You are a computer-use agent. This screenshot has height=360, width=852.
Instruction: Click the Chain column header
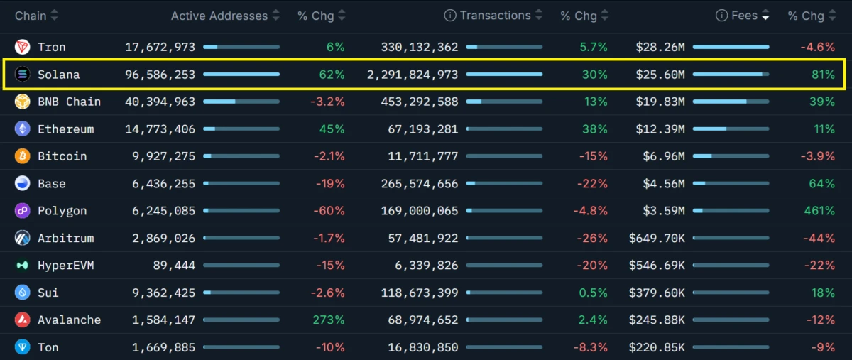[31, 16]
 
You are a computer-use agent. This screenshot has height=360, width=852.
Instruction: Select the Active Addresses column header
[219, 16]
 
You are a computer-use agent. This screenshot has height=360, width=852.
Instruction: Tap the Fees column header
[744, 16]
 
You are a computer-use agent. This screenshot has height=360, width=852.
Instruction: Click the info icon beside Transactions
[449, 16]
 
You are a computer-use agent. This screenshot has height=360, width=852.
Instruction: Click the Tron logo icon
[23, 47]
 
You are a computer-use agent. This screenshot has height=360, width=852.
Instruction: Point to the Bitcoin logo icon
[23, 156]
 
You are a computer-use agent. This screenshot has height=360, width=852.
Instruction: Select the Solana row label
[59, 75]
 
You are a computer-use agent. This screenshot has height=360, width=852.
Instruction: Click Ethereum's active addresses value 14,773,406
[160, 129]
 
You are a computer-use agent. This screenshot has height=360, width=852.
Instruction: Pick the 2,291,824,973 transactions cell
[413, 75]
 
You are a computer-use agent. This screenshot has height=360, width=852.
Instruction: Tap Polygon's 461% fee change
[819, 211]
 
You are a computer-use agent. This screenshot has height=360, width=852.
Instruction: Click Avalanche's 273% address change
[329, 320]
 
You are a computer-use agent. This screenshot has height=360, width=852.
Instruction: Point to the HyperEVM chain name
[66, 266]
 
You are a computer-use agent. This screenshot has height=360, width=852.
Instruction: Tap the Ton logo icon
[23, 347]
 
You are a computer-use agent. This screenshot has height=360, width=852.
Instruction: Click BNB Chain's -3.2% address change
[327, 102]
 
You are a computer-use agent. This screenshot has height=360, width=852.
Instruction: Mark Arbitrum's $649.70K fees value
[657, 238]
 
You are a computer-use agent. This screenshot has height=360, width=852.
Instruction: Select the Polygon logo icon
[23, 211]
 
